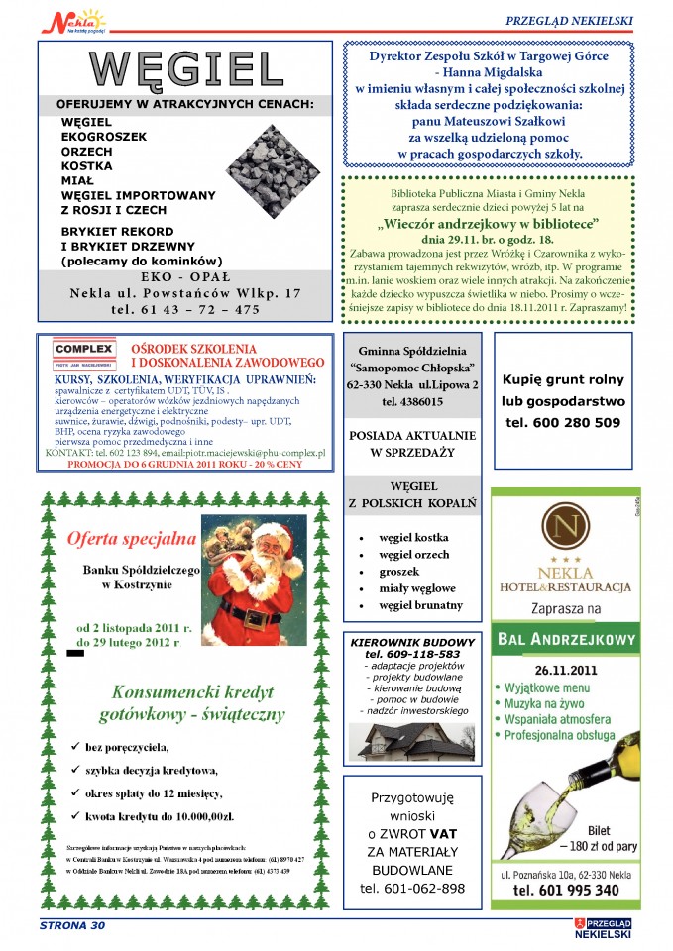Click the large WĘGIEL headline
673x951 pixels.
point(185,68)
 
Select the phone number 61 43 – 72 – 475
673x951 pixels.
point(185,310)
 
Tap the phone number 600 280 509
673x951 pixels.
point(563,422)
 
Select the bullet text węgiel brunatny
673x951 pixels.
point(420,605)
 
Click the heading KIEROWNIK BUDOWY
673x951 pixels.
point(412,642)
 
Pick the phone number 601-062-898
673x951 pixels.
point(412,888)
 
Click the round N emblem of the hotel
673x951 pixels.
point(565,527)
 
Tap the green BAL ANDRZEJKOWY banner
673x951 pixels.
point(565,639)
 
